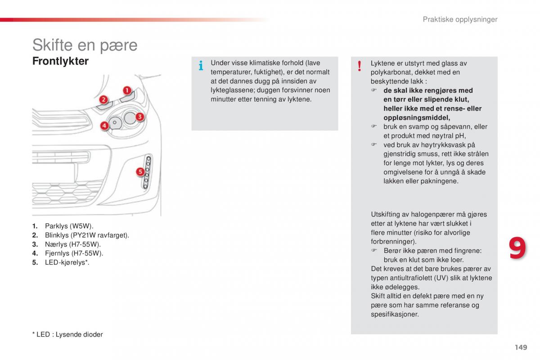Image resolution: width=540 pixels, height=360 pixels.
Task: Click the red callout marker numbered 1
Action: [x=127, y=90]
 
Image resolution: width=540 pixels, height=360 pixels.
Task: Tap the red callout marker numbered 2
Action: [x=103, y=99]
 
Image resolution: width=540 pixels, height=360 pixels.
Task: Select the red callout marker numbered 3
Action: [x=140, y=117]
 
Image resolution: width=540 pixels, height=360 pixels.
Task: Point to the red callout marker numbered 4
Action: [x=104, y=126]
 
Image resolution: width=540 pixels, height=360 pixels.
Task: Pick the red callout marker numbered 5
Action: [x=140, y=172]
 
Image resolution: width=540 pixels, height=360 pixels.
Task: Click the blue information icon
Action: [x=201, y=65]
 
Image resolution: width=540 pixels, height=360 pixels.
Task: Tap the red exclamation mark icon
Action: [x=360, y=66]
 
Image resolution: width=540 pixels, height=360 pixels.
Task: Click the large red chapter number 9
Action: [x=517, y=248]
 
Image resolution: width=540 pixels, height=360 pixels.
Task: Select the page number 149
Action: [x=521, y=347]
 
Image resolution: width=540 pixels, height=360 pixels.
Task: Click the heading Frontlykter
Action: [x=60, y=61]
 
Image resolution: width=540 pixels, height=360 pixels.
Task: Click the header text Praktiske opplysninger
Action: [x=460, y=19]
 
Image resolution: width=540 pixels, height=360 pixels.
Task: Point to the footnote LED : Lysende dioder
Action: [x=67, y=334]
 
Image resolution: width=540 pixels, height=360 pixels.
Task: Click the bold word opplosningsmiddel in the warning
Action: [x=417, y=118]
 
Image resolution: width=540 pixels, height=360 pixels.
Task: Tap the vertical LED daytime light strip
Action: [x=147, y=172]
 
